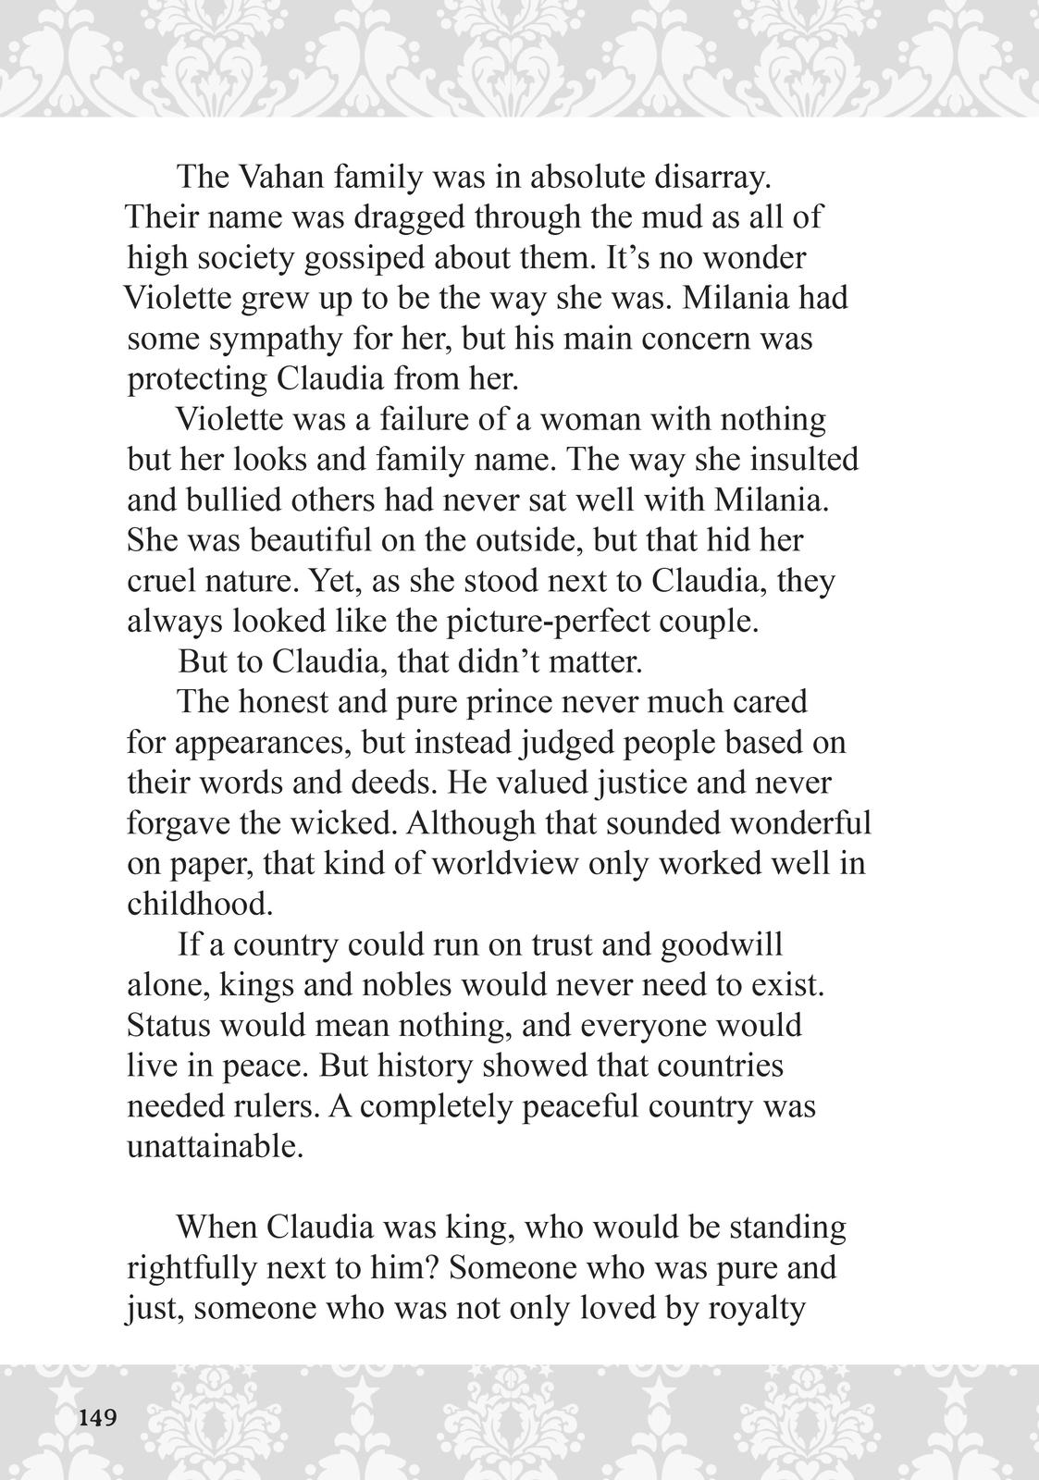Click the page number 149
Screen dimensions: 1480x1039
pyautogui.click(x=98, y=1417)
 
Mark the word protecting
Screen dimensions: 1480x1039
pyautogui.click(x=196, y=379)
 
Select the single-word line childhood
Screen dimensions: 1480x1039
pyautogui.click(x=199, y=904)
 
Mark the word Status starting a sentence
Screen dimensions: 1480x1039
pyautogui.click(x=168, y=1026)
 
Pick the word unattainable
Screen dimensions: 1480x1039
pyautogui.click(x=215, y=1147)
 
